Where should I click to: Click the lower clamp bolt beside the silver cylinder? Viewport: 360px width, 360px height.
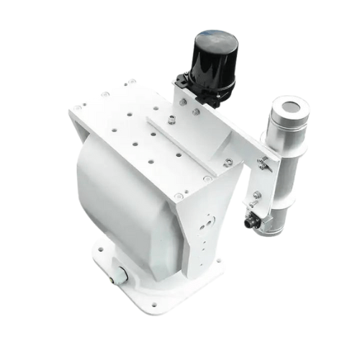(x=257, y=194)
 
